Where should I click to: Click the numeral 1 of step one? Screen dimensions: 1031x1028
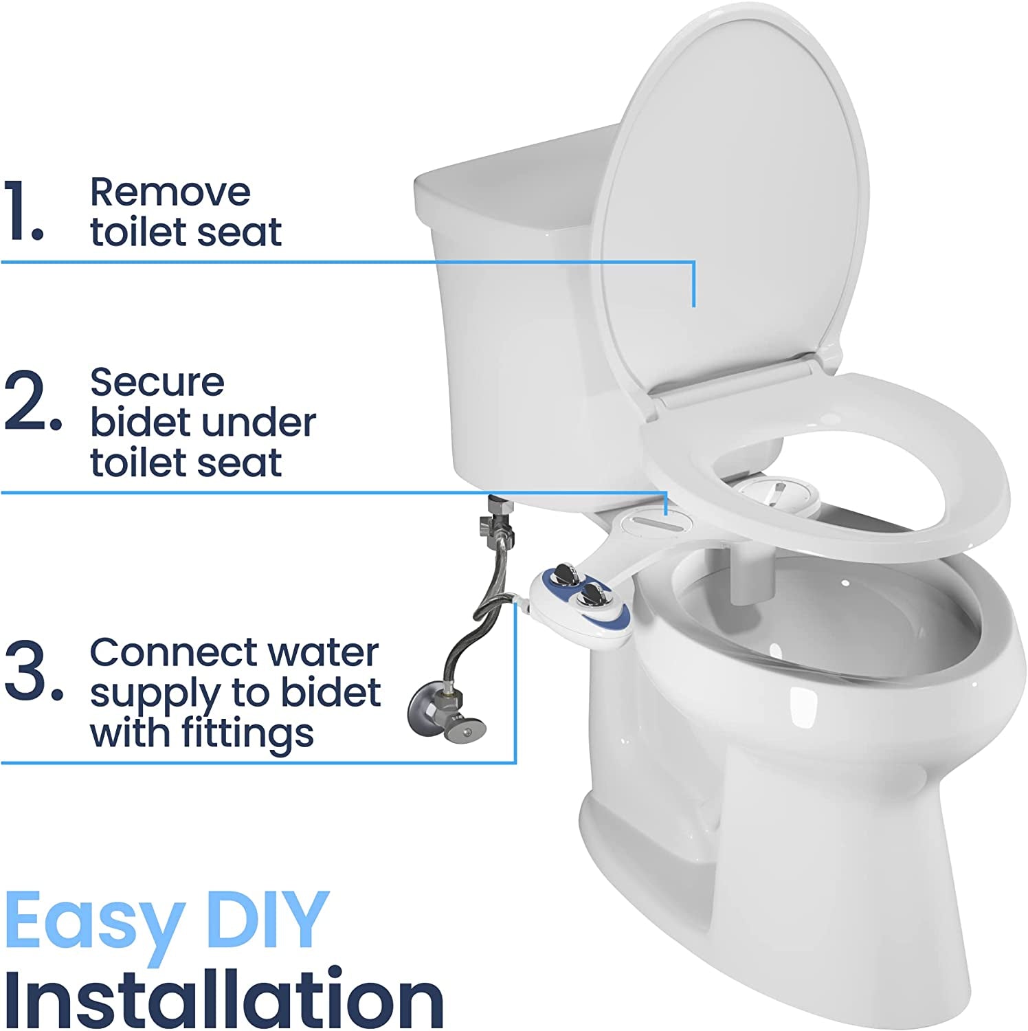24,211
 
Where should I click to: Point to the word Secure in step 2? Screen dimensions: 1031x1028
157,382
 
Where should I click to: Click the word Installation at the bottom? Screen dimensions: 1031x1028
223,998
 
